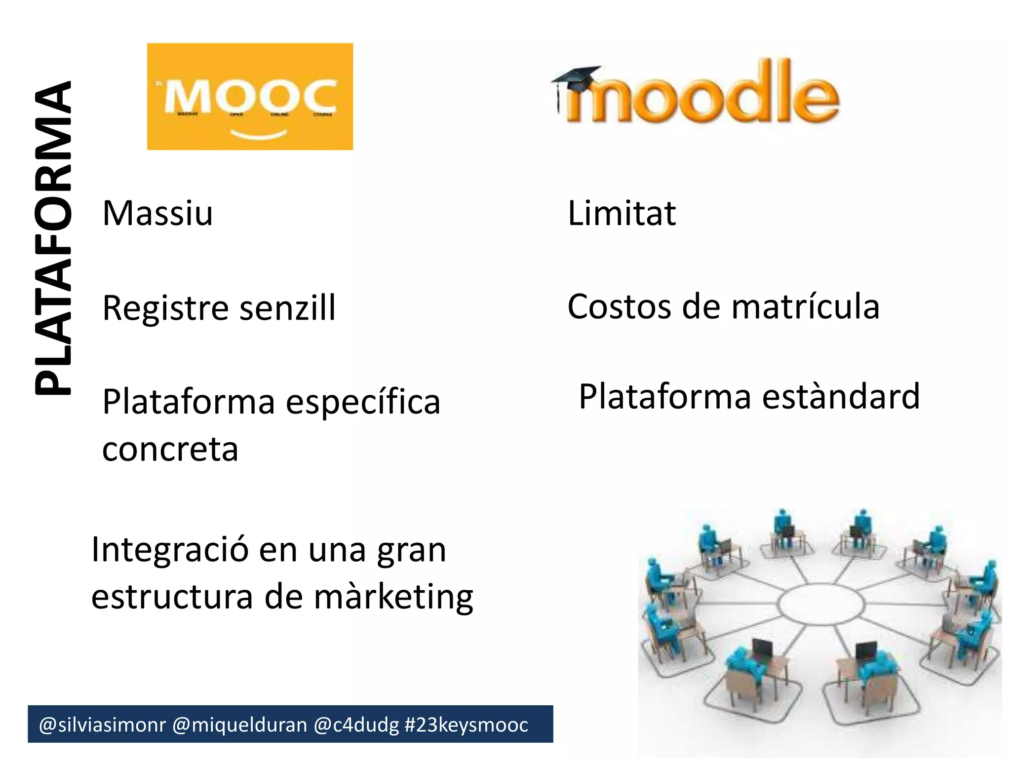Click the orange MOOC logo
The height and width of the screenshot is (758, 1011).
pos(250,96)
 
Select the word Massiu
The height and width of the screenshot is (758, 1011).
pos(157,213)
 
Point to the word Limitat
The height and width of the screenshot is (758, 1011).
pos(622,213)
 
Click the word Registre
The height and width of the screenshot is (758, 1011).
pos(166,308)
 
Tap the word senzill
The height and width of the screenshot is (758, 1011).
pos(287,308)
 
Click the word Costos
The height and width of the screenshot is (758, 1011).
pos(619,306)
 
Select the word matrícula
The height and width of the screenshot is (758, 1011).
pos(806,306)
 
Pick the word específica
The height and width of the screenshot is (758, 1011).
pos(363,402)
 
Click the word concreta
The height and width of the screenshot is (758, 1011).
pos(170,449)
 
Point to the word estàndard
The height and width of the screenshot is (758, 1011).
pos(841,396)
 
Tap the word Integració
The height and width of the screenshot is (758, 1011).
pos(169,550)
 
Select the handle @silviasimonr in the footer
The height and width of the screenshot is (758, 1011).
pos(102,725)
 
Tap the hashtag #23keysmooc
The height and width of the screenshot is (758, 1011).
pos(466,725)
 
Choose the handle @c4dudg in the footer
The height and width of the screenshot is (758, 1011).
pos(356,725)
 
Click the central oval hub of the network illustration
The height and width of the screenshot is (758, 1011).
pos(821,604)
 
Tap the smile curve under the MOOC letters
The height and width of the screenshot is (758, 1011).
pos(259,135)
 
